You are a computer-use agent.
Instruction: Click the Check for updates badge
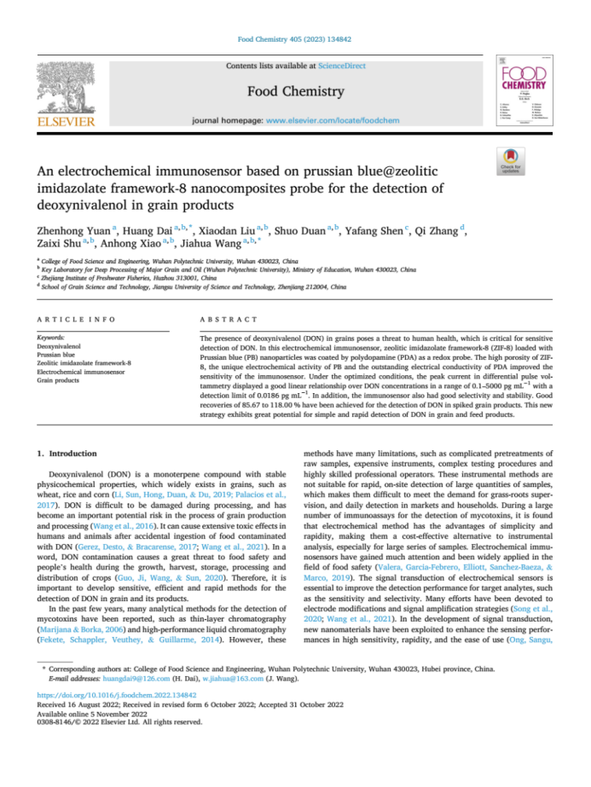pos(535,161)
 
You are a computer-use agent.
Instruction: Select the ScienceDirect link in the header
pos(341,66)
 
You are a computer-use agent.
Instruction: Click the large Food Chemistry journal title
pos(296,91)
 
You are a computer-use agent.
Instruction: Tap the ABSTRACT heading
pos(229,320)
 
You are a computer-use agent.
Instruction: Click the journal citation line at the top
pos(295,40)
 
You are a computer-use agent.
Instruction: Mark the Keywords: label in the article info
pos(52,339)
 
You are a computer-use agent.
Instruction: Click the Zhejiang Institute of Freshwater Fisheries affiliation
pos(128,278)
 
